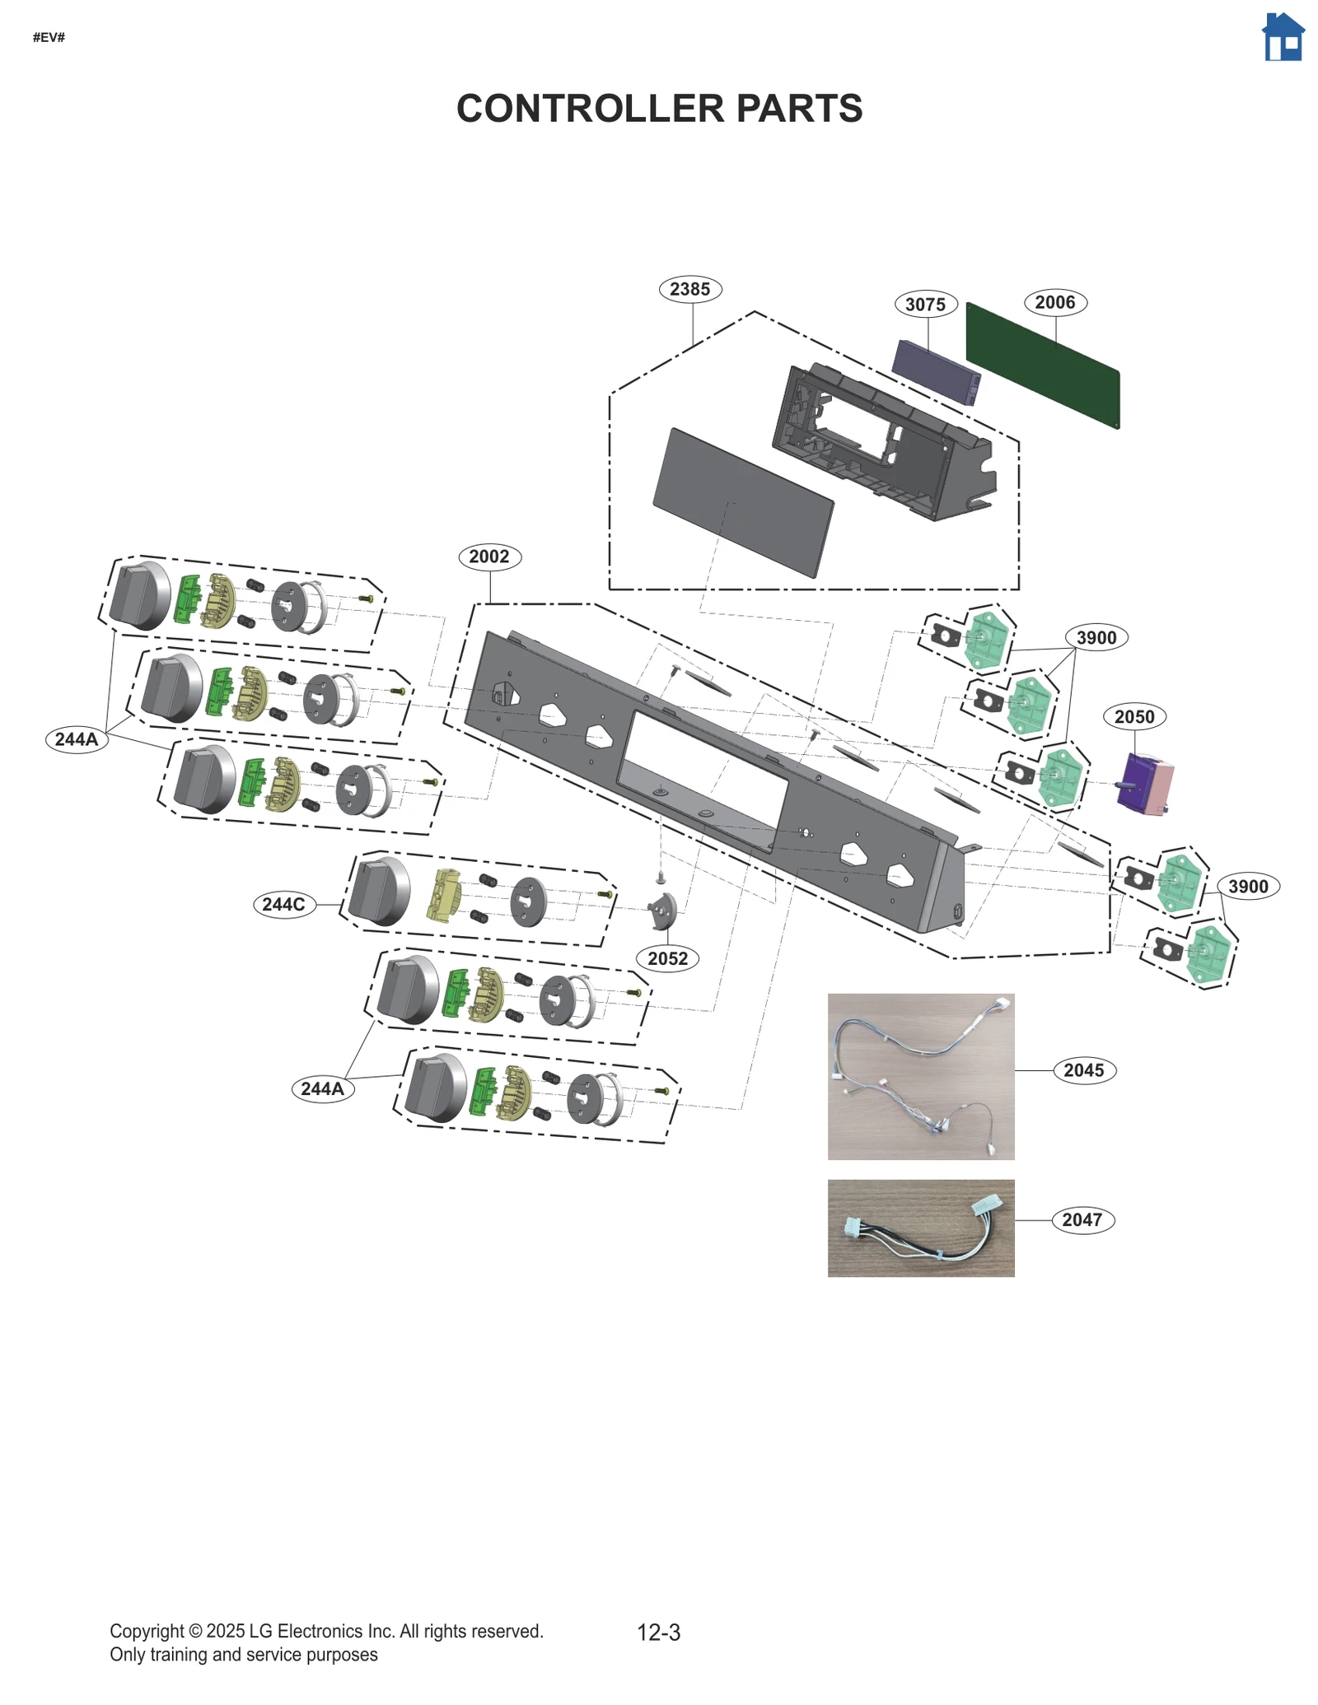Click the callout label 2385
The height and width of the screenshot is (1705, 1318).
689,289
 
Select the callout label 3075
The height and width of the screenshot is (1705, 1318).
925,305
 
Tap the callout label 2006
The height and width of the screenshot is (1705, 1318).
1054,302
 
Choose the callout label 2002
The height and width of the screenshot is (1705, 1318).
489,557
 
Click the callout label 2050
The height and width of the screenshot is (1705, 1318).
1133,717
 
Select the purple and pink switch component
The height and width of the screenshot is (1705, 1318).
1146,785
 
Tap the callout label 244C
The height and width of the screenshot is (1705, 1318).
283,904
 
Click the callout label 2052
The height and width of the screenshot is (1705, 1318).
667,958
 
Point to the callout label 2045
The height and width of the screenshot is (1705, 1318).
1083,1070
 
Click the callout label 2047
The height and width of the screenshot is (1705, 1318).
1082,1219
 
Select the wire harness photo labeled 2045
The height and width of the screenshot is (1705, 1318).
920,1076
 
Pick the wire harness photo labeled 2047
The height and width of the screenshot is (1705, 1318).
920,1228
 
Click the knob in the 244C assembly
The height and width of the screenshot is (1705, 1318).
379,891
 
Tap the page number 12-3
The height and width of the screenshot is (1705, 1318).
658,1633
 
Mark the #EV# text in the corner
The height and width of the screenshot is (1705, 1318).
49,38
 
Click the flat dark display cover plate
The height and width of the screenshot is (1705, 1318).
742,502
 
